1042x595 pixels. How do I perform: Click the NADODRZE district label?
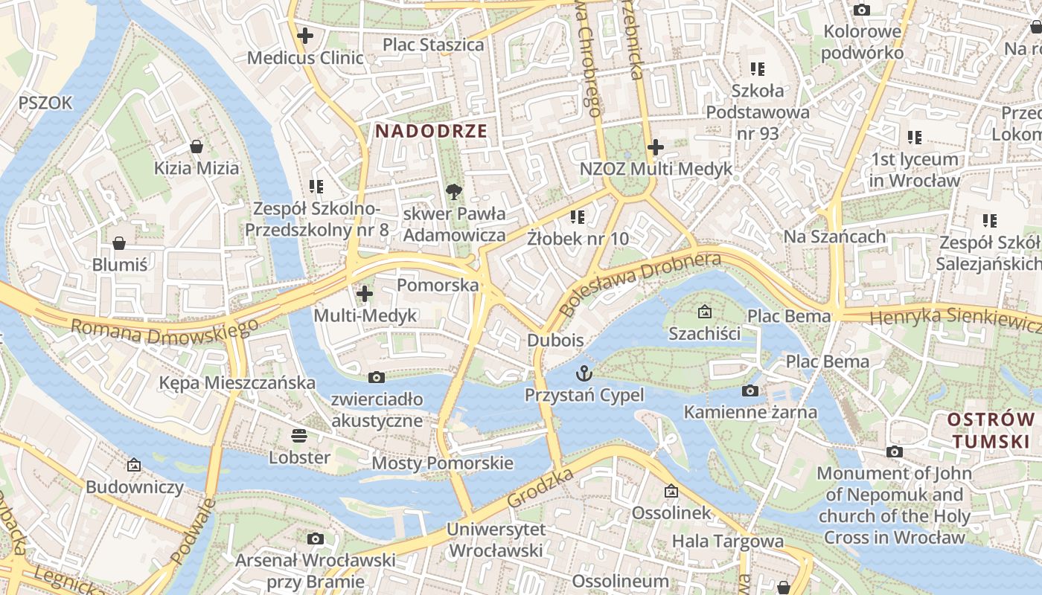[431, 132]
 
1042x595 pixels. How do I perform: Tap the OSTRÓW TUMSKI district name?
[990, 431]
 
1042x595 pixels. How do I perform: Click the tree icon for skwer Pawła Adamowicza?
[453, 193]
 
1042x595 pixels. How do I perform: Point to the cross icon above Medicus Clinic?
[304, 35]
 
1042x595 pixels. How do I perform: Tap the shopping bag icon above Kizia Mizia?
[196, 146]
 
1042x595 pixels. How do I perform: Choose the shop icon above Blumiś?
[119, 243]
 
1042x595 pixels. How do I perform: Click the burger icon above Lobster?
[299, 435]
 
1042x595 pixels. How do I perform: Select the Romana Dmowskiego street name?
[164, 326]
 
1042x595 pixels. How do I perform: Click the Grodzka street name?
[540, 488]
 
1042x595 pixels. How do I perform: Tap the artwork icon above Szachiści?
[704, 312]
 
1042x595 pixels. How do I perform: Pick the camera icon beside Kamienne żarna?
[750, 390]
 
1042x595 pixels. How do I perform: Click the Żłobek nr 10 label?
[578, 239]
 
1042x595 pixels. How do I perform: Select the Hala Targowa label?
[727, 541]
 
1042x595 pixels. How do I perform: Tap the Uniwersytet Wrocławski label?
[496, 540]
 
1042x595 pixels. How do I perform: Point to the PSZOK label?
[46, 103]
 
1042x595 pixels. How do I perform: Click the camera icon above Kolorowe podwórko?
[862, 10]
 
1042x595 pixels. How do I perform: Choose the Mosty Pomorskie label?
[442, 463]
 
